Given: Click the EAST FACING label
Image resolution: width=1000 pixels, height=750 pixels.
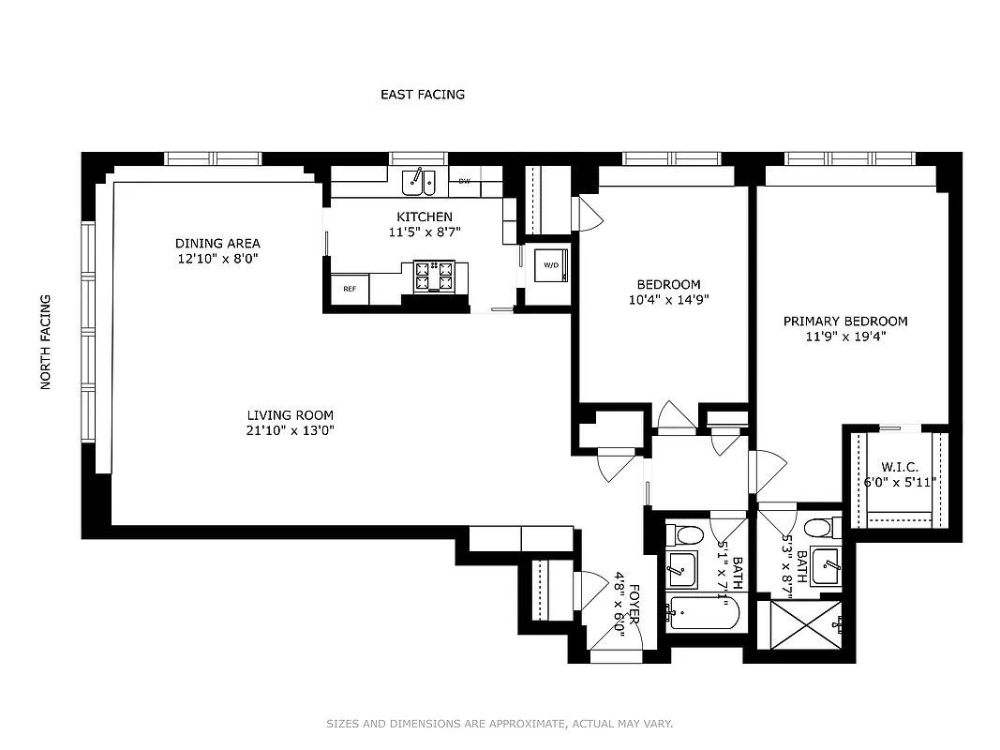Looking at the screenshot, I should [422, 95].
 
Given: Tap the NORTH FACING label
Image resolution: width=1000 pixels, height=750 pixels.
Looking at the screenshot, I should [45, 342].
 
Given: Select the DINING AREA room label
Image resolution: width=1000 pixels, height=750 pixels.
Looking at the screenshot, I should [217, 244].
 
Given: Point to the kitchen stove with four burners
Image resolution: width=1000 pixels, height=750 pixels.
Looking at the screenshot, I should [434, 276].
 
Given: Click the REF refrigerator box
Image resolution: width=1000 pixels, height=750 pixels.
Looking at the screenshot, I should [350, 289].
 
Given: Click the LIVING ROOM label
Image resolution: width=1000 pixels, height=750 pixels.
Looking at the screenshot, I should [290, 415].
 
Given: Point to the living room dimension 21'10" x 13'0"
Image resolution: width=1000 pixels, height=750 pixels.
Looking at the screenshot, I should [290, 431].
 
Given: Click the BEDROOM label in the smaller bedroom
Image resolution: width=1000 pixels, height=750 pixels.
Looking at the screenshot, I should [668, 285].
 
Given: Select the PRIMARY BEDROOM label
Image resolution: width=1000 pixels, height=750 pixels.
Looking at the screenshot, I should [845, 322].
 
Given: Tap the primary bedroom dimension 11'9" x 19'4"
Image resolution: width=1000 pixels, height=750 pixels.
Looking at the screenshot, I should [845, 337].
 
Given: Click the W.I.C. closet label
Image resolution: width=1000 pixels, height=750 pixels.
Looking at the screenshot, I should [900, 468].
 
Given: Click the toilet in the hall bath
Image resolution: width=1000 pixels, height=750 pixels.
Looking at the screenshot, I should [687, 536].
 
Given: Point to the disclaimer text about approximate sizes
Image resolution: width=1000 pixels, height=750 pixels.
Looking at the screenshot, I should [500, 724].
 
